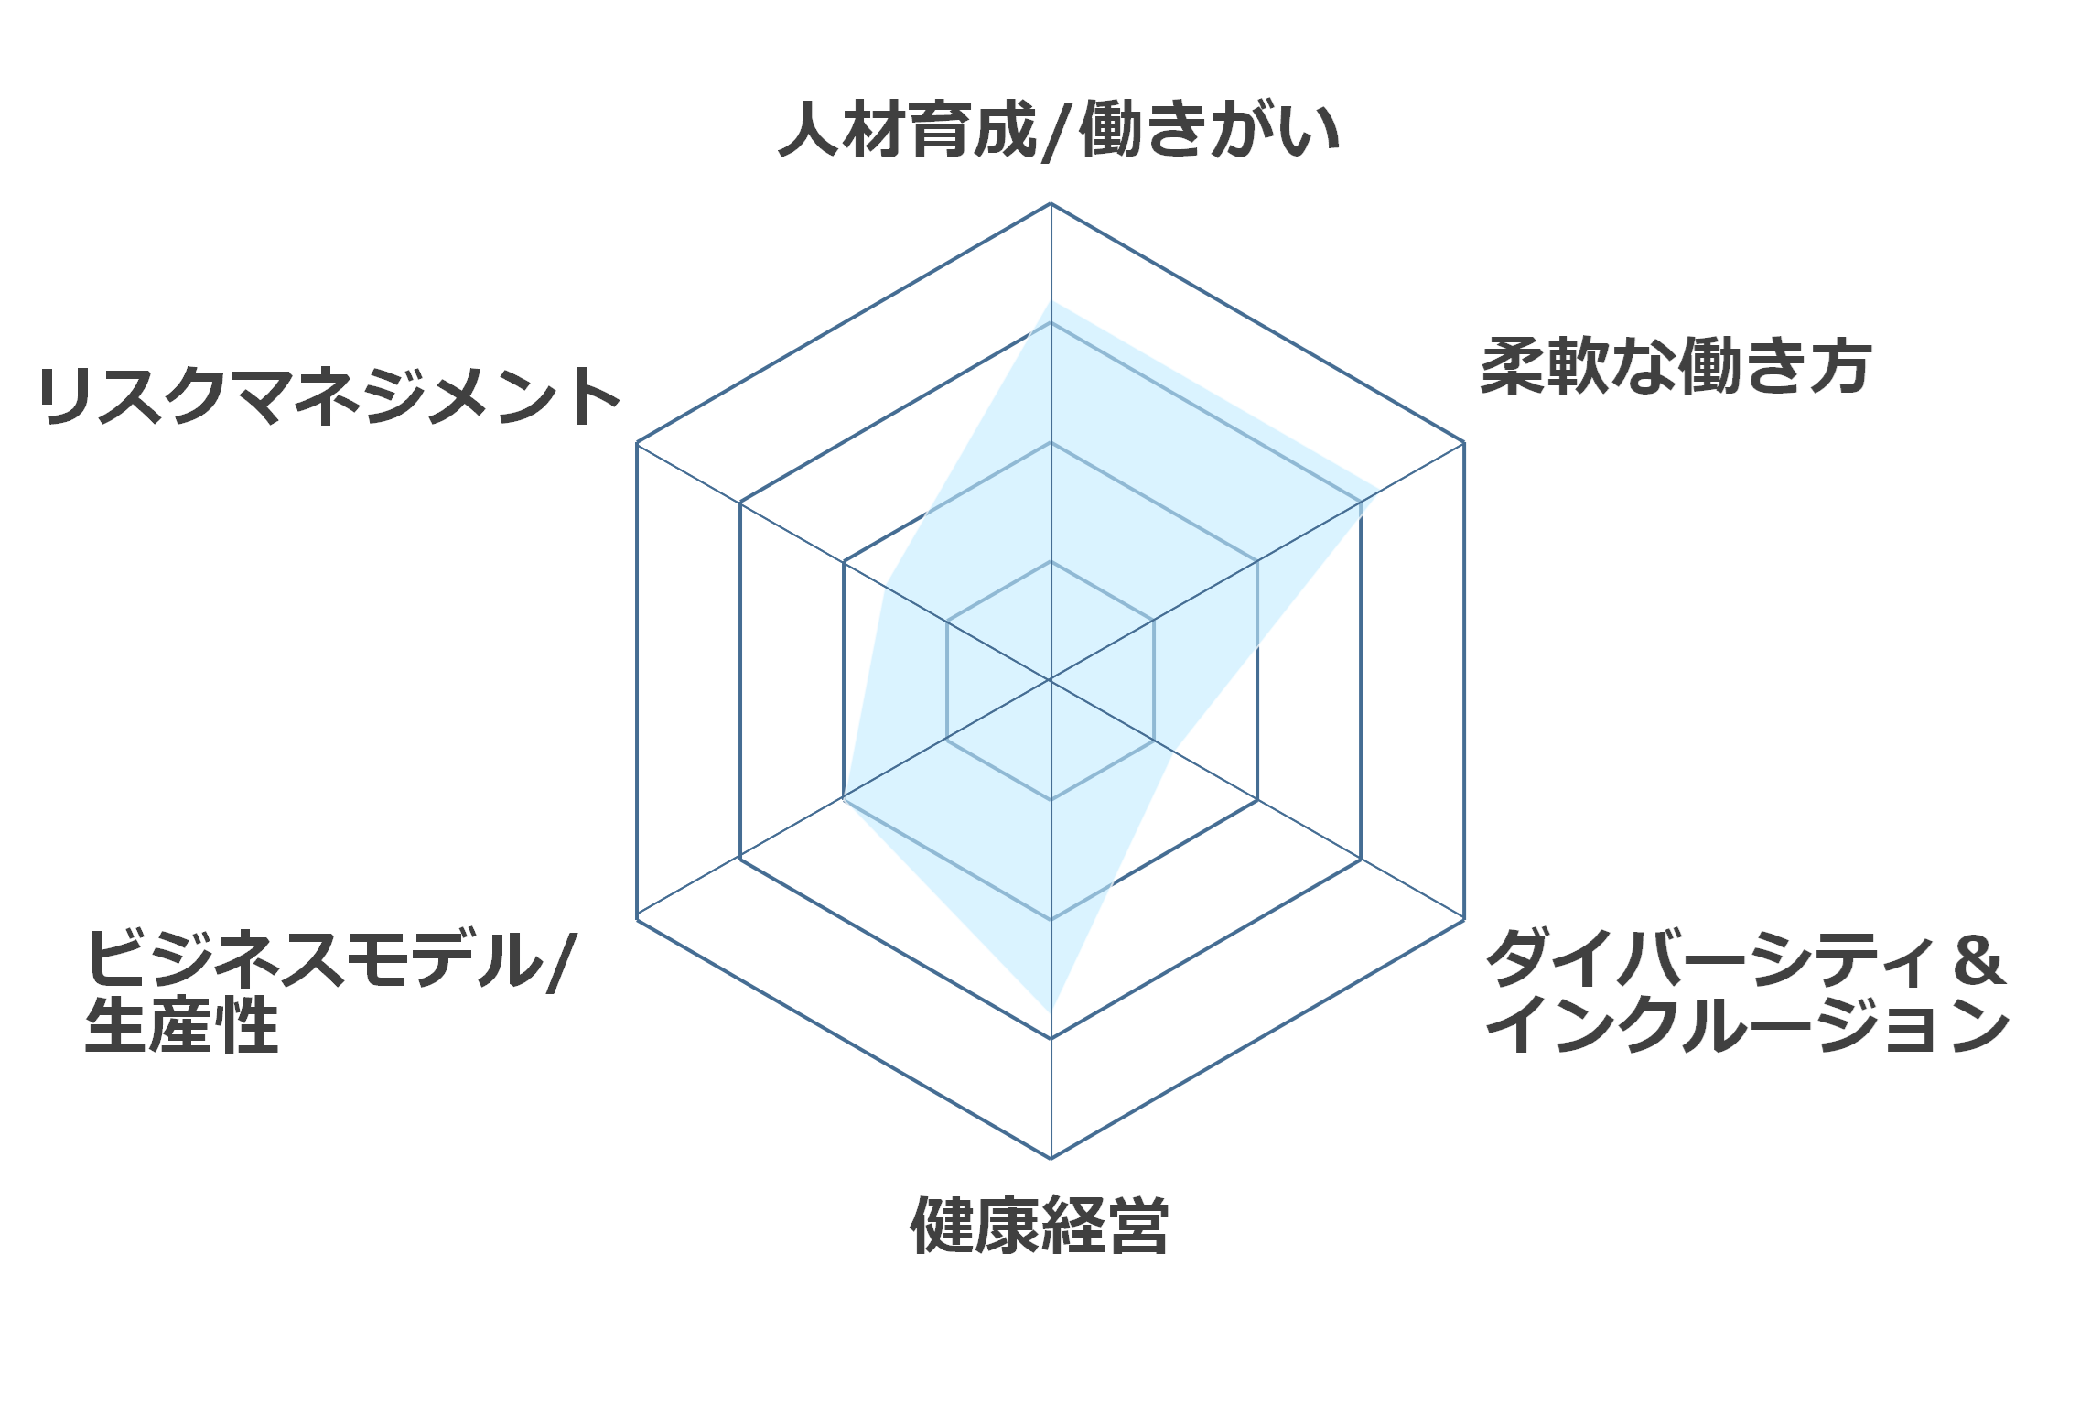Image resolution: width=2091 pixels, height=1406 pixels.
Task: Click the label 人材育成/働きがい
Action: (1059, 130)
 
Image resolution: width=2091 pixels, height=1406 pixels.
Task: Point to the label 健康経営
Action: (1040, 1225)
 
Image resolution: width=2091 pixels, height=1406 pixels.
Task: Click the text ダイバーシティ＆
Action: (1746, 959)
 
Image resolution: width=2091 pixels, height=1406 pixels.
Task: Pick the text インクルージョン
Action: (1748, 1024)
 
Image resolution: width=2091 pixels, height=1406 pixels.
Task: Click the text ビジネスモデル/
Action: (330, 959)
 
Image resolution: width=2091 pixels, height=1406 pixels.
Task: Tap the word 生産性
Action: (181, 1024)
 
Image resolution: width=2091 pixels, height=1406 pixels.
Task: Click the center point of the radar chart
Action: (1051, 680)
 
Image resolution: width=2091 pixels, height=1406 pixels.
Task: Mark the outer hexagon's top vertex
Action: (1051, 203)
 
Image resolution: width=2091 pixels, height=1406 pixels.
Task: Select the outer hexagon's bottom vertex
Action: (1051, 1158)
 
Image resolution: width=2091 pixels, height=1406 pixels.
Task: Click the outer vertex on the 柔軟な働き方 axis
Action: (1464, 443)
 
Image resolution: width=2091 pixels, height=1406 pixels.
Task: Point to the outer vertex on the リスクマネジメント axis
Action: (637, 443)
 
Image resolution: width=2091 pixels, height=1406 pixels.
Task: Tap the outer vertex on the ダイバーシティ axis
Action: (1464, 919)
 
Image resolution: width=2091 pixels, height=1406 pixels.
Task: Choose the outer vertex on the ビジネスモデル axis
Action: (637, 919)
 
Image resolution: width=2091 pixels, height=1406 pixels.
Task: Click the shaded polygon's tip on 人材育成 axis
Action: (1051, 300)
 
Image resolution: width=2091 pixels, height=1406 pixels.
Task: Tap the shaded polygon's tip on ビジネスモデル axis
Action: (843, 800)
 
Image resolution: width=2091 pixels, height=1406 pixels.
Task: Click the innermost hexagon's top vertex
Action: (1051, 561)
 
